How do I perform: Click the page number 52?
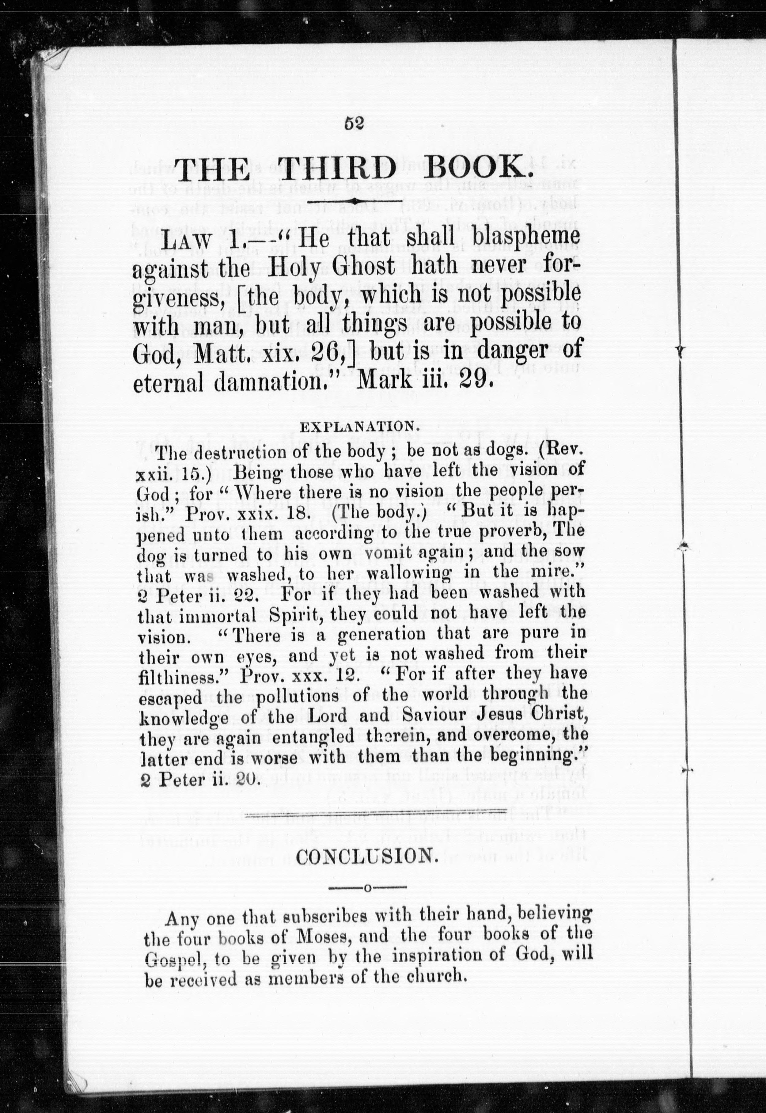[x=355, y=123]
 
